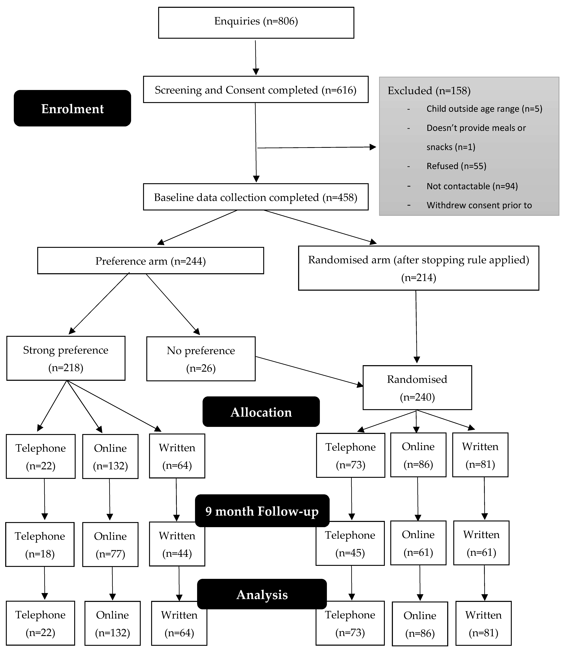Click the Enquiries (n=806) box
[256, 23]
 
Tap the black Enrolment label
[73, 108]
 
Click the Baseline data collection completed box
[256, 197]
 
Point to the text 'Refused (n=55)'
[456, 166]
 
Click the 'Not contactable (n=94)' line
[472, 186]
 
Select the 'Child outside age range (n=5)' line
[484, 109]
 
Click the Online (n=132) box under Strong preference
[110, 457]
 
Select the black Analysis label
[262, 594]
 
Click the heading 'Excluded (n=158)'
[429, 91]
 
